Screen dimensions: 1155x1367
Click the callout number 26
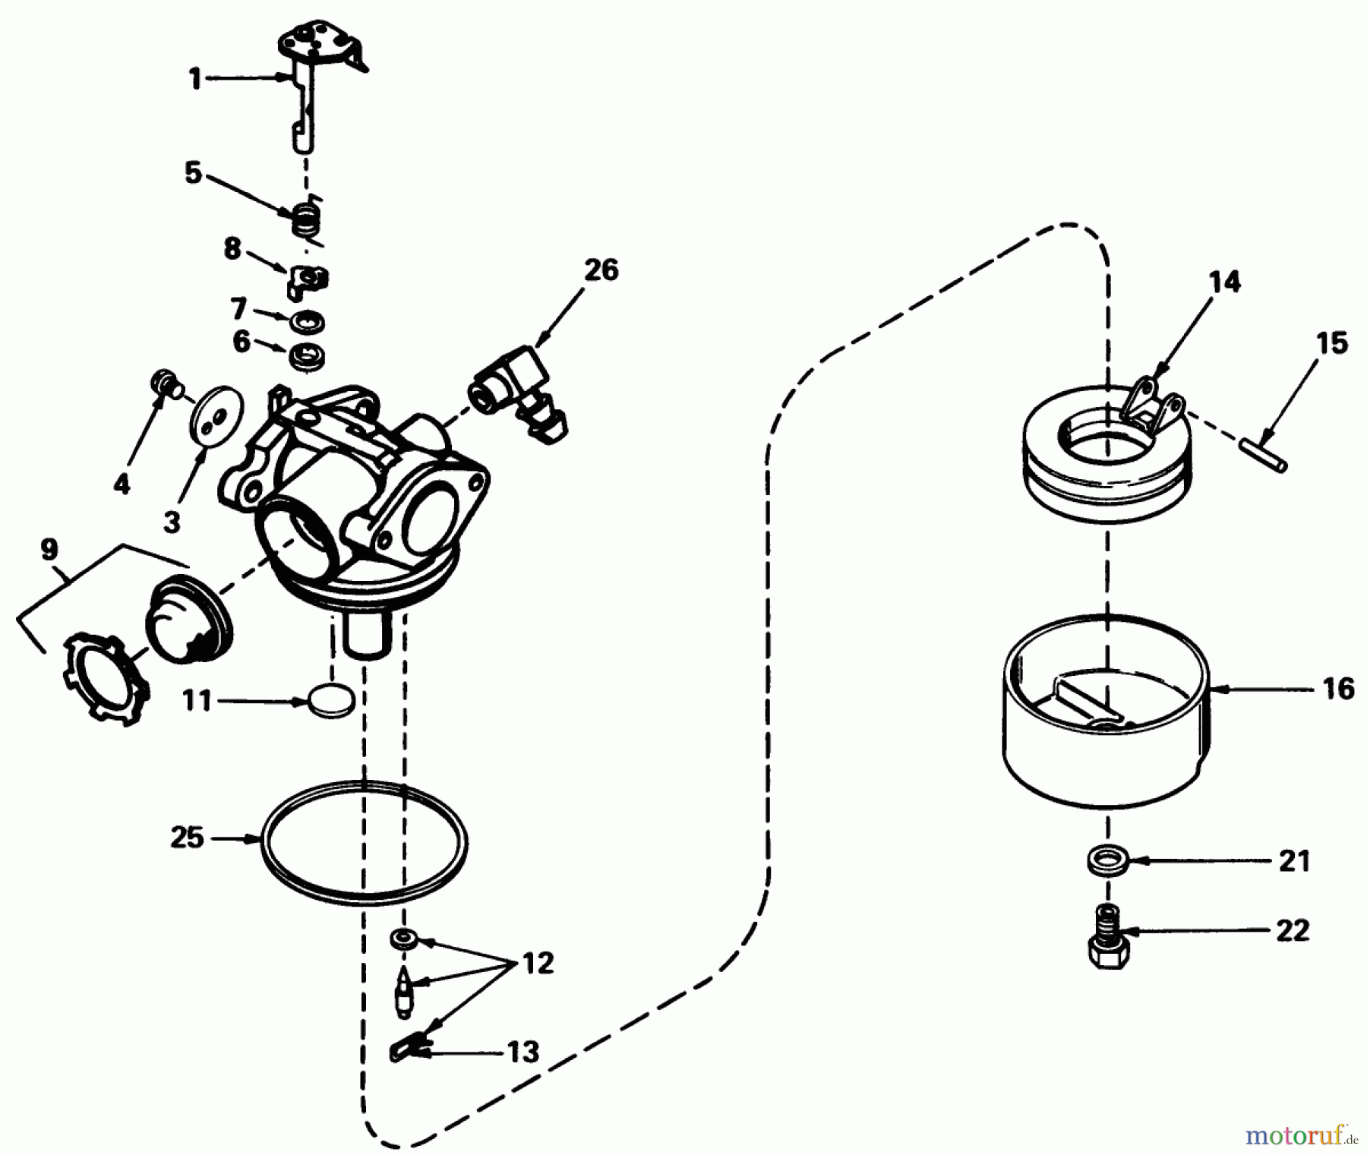pos(601,270)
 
